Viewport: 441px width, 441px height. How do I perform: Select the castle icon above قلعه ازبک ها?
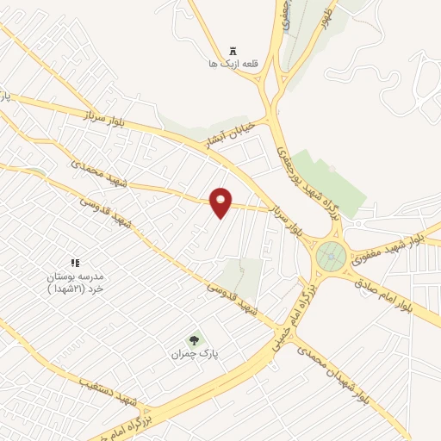click(x=233, y=50)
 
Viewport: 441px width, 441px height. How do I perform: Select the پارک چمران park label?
click(x=190, y=353)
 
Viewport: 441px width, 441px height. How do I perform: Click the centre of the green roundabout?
click(x=331, y=256)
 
